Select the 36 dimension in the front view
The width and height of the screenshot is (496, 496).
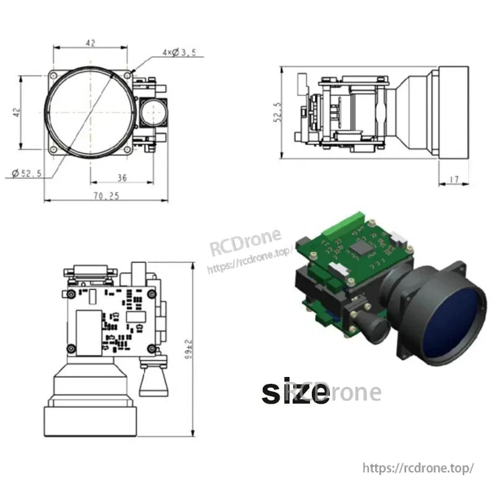pos(122,178)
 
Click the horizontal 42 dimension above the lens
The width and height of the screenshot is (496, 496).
pos(91,43)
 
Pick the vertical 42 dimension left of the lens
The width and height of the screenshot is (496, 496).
pos(17,112)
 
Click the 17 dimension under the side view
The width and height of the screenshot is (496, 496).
pos(453,180)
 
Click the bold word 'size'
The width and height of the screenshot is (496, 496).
pos(295,392)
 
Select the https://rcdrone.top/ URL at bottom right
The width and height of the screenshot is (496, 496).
pos(418,467)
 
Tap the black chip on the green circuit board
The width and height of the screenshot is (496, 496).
pos(360,247)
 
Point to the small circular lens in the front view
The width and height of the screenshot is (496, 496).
pos(151,112)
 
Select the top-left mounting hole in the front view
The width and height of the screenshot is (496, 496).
pos(54,75)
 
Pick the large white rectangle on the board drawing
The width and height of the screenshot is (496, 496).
pos(89,332)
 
